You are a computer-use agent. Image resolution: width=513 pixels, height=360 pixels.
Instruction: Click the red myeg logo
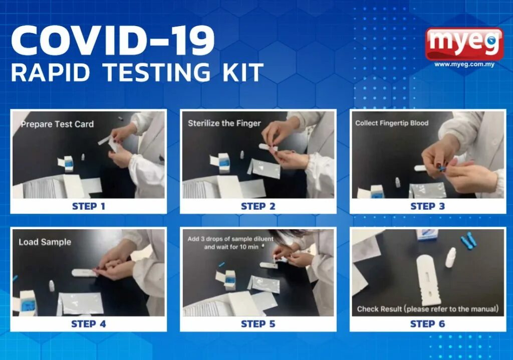coord(464,44)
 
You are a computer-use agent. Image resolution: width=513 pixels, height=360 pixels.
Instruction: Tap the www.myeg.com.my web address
coord(464,64)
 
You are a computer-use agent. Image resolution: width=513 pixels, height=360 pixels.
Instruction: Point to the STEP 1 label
coord(89,207)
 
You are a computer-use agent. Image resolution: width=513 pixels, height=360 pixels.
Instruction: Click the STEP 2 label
coord(258,207)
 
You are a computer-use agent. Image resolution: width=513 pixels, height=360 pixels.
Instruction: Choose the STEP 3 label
coord(428,207)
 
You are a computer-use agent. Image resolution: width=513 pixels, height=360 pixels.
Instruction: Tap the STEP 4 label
coord(89,324)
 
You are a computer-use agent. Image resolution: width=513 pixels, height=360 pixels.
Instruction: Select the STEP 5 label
coord(258,324)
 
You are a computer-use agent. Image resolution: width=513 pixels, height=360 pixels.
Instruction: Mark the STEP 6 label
coord(428,324)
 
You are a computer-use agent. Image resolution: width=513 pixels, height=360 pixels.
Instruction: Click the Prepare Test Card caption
coord(57,124)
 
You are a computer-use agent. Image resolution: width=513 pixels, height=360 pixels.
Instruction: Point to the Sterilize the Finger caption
coord(224,123)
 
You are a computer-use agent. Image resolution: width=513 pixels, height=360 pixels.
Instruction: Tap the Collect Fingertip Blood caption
coord(392,123)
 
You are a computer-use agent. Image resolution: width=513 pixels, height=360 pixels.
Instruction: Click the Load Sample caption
coord(45,242)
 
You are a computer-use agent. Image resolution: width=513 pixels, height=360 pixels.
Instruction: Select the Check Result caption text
coord(428,309)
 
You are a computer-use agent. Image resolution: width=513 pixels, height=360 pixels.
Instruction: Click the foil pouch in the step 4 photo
coord(81,304)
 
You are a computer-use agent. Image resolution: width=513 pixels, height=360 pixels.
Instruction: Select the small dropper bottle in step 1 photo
coord(83,157)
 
